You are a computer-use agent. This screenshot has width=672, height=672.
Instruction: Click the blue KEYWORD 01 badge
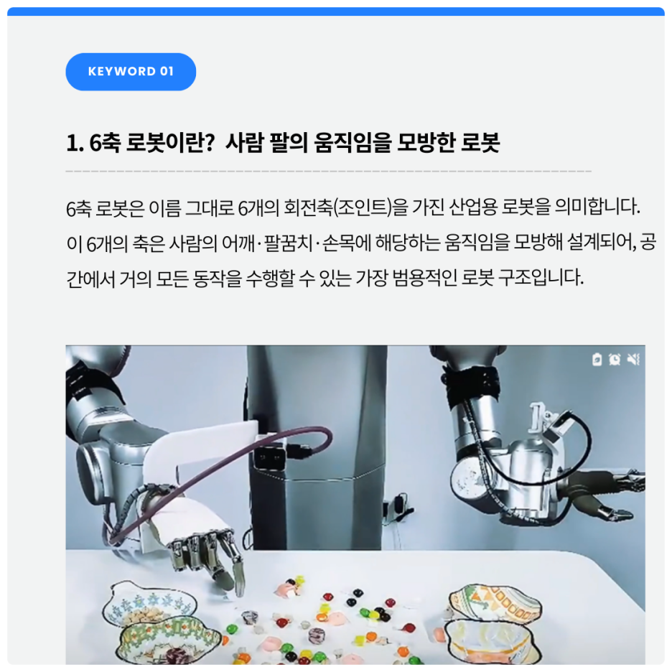click(x=131, y=72)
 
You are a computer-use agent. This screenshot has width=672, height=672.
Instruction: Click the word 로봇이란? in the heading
click(x=170, y=142)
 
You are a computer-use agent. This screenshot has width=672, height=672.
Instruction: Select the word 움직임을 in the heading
click(x=353, y=142)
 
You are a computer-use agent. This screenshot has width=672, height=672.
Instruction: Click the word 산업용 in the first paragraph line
click(x=472, y=208)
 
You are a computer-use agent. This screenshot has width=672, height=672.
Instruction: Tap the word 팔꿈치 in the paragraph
click(x=288, y=243)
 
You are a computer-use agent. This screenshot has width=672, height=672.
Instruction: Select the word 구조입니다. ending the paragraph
click(x=541, y=279)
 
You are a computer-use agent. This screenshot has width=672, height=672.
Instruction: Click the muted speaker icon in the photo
click(x=633, y=359)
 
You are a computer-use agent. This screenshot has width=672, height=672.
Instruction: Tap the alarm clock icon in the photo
click(x=615, y=359)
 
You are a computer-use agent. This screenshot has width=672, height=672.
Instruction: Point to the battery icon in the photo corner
click(x=597, y=359)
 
